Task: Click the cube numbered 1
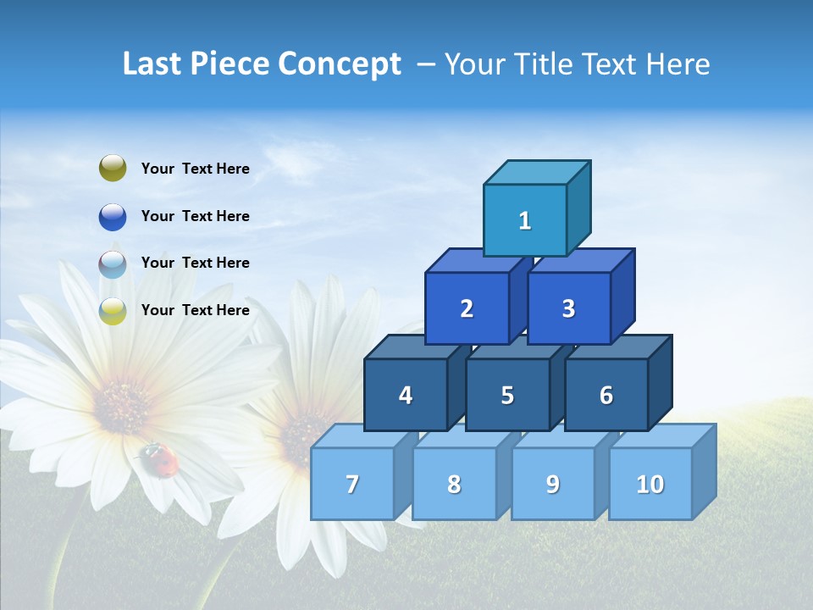tap(525, 220)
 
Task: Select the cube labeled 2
tap(467, 308)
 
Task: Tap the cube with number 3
tap(568, 308)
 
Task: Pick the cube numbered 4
tap(406, 395)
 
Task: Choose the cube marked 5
tap(507, 395)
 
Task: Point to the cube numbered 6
tap(606, 395)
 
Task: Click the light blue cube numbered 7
tap(352, 484)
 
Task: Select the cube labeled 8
tap(454, 484)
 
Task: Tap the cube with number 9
tap(552, 484)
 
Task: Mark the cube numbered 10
tap(650, 484)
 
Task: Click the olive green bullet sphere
tap(113, 169)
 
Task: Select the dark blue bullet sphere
tap(113, 216)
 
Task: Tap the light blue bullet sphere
tap(113, 263)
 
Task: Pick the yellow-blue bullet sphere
tap(113, 310)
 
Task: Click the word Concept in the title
tap(339, 64)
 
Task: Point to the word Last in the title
tap(152, 64)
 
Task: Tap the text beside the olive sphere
tap(196, 169)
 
